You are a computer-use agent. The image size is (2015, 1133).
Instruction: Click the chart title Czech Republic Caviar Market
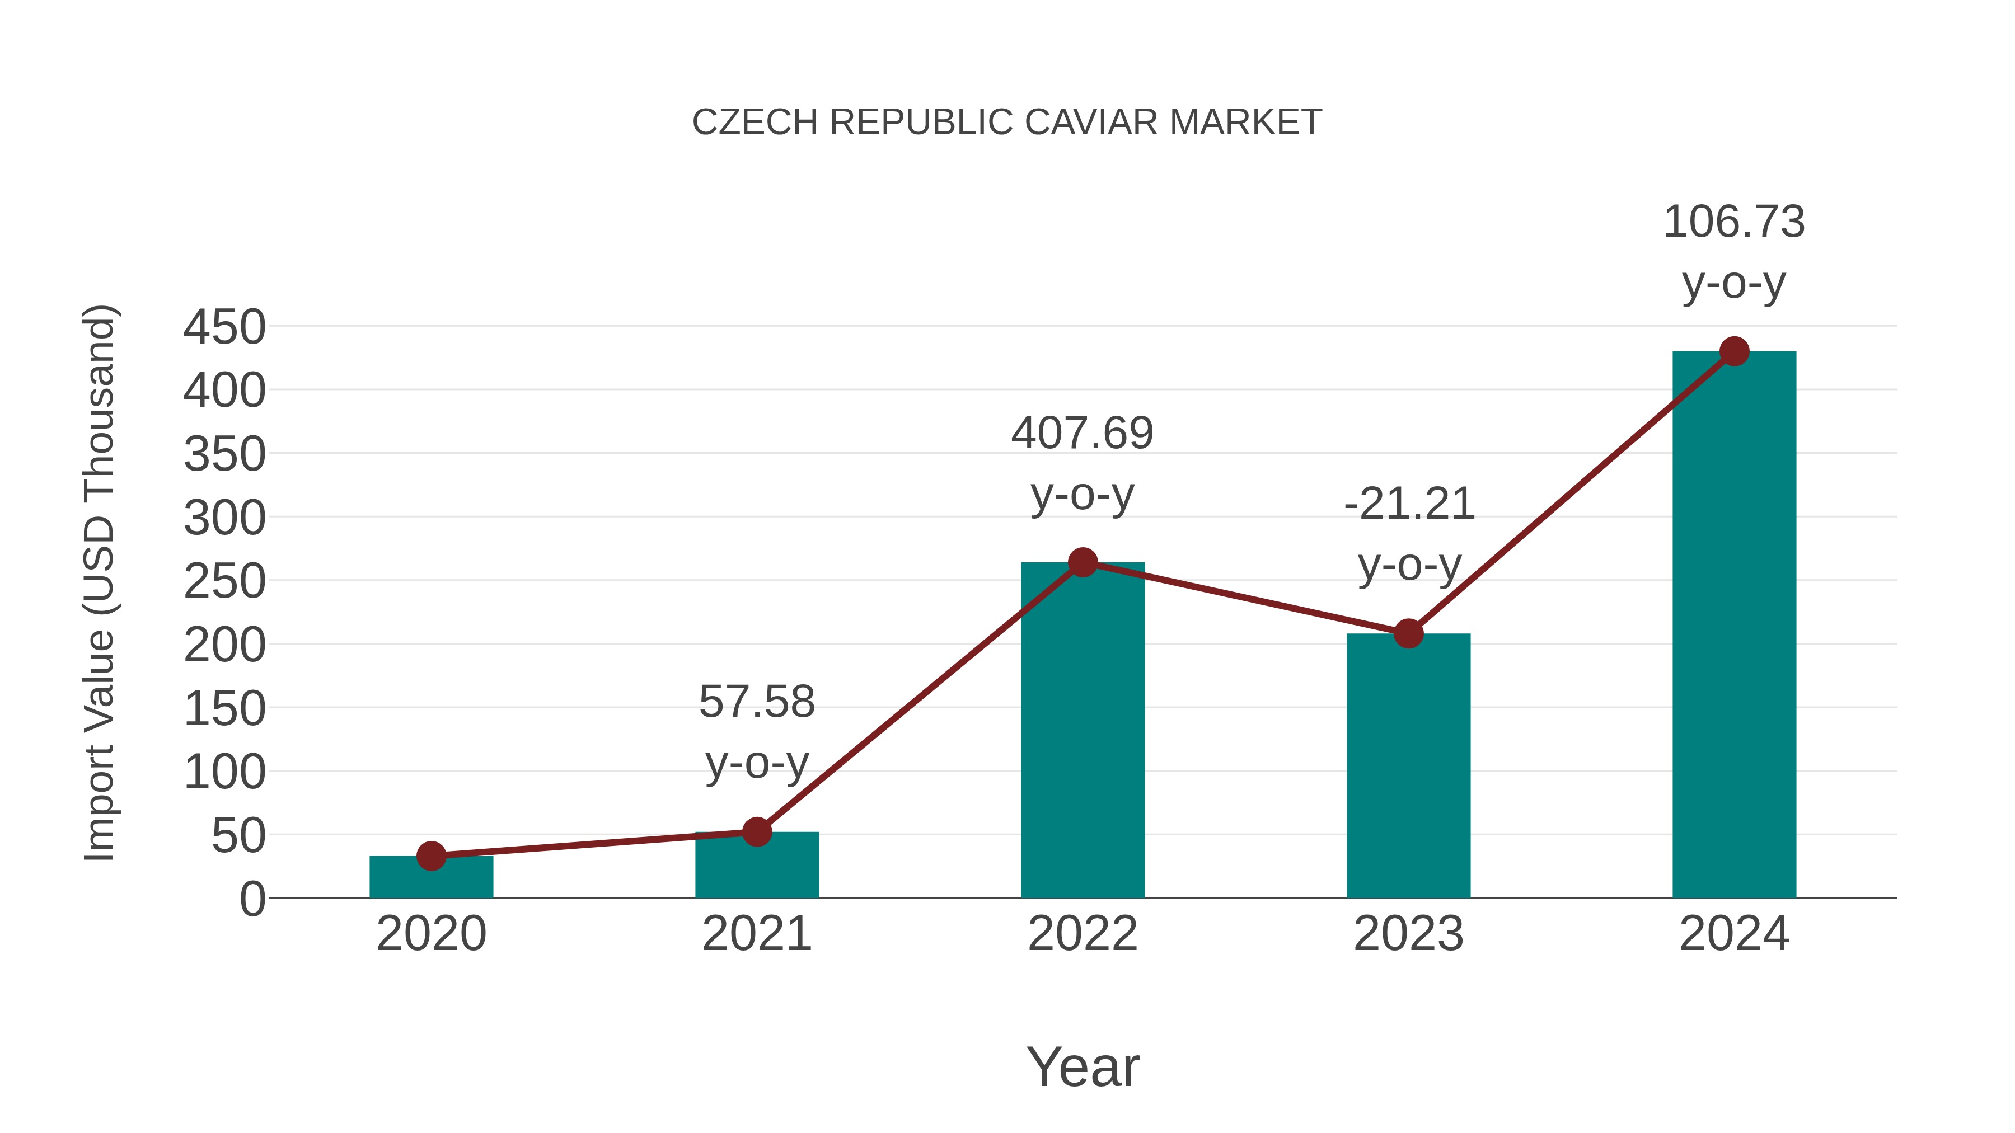click(1007, 123)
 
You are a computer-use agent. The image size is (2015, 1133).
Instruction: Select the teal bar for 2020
click(431, 879)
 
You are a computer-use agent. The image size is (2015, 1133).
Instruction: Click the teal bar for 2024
click(1733, 626)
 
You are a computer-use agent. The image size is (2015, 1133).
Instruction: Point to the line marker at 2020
click(431, 856)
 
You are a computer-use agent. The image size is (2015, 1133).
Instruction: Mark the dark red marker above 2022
click(1083, 562)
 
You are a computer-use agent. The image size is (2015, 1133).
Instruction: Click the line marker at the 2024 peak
click(1734, 351)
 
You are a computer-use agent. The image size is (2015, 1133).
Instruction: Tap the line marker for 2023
click(1408, 633)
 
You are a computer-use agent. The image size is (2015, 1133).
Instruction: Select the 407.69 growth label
click(1082, 434)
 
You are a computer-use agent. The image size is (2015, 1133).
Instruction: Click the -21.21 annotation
click(1409, 504)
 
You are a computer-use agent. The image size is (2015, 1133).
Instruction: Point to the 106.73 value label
click(1733, 222)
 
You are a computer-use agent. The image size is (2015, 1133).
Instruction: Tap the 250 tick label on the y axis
click(224, 582)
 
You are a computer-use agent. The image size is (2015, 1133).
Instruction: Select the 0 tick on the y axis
click(252, 899)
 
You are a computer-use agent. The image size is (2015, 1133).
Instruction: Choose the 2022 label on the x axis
click(1083, 934)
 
